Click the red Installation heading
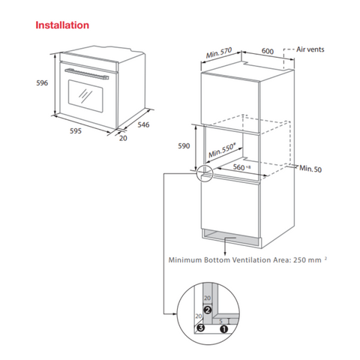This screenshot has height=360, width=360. click(62, 25)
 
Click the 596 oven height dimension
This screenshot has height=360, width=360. click(42, 82)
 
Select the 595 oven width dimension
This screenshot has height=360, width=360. click(76, 130)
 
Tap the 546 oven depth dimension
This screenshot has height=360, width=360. click(143, 124)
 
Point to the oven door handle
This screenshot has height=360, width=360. click(87, 74)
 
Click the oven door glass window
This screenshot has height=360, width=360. click(85, 96)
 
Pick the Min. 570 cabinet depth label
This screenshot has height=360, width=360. click(219, 52)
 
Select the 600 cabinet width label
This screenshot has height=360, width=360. click(268, 51)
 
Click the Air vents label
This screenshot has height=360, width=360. click(310, 49)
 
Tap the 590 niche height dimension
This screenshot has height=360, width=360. click(184, 145)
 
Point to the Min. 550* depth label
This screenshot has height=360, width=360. click(222, 151)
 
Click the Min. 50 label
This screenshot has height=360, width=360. click(310, 169)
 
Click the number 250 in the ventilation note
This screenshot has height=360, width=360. click(300, 260)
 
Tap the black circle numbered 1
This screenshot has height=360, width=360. click(224, 329)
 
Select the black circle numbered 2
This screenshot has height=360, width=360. click(208, 310)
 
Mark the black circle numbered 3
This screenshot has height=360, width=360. click(201, 328)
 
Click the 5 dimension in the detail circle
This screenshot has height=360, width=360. click(220, 322)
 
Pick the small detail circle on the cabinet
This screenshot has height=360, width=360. click(205, 173)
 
